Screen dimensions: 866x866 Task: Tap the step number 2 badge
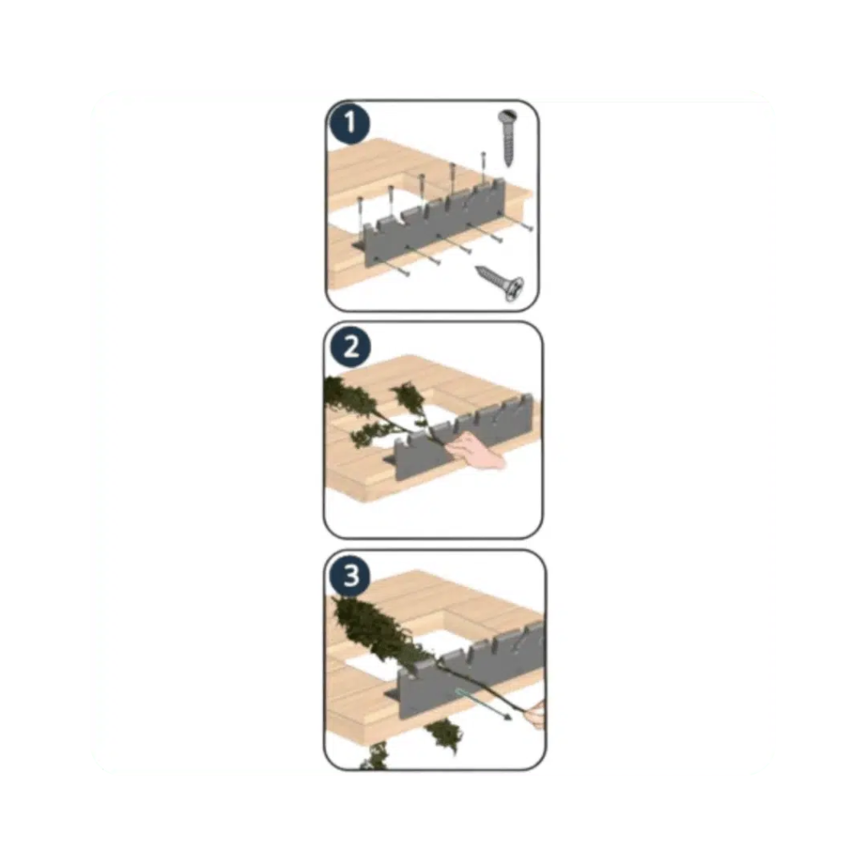click(351, 348)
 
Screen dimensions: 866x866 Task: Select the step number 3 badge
click(351, 575)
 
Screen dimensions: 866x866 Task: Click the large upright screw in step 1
click(507, 138)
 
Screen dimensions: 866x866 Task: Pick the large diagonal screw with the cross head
click(500, 282)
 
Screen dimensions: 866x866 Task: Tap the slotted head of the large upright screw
click(507, 117)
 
